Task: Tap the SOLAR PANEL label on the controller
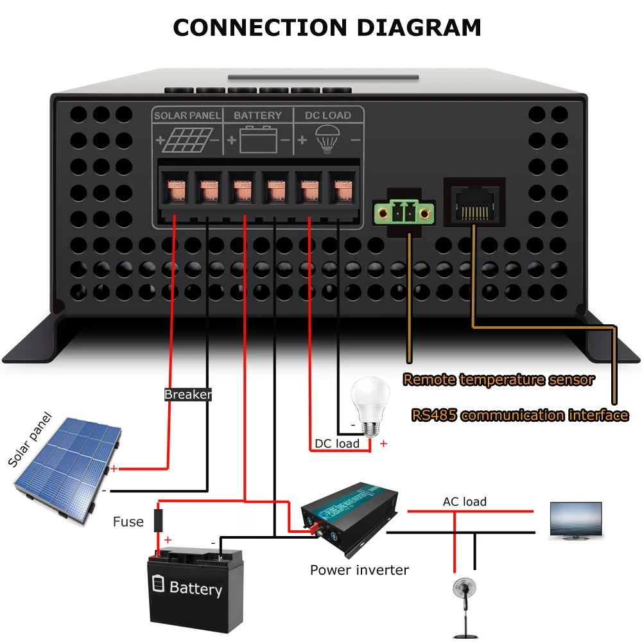(187, 116)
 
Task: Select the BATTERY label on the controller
(257, 116)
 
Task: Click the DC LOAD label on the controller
(327, 116)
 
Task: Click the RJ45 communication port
(474, 201)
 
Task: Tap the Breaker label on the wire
(187, 395)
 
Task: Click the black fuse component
(158, 519)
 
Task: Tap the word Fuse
(128, 522)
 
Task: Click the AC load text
(465, 501)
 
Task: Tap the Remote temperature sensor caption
(498, 379)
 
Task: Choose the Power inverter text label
(359, 569)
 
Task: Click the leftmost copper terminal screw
(175, 191)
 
